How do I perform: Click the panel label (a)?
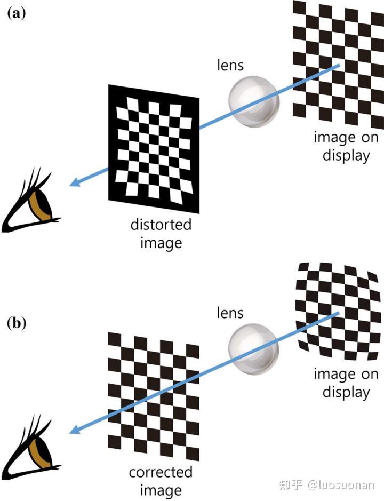pyautogui.click(x=16, y=14)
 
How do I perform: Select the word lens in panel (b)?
pyautogui.click(x=230, y=313)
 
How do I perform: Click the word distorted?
pyautogui.click(x=161, y=225)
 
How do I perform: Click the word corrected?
pyautogui.click(x=161, y=472)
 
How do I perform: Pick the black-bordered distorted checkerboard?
pyautogui.click(x=154, y=148)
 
